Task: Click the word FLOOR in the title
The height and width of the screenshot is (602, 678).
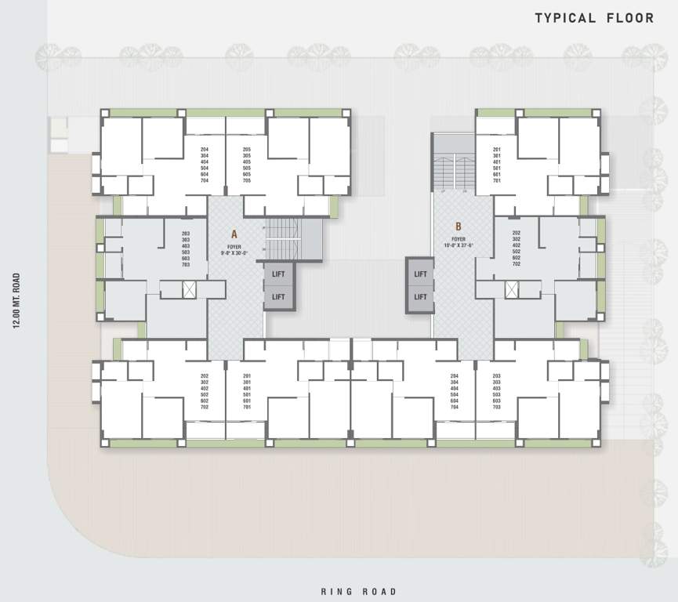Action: click(629, 18)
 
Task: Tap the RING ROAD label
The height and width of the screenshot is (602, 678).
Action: click(359, 592)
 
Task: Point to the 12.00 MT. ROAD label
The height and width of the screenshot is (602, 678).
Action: click(16, 301)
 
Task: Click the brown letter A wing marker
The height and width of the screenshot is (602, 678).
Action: click(234, 234)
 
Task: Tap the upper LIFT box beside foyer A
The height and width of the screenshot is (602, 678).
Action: click(278, 274)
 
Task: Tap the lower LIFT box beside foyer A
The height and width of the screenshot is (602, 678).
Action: click(278, 297)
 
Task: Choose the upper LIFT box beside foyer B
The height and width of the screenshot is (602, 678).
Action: click(420, 274)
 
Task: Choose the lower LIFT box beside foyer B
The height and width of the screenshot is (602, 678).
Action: click(420, 297)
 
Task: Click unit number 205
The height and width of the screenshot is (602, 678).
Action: click(247, 150)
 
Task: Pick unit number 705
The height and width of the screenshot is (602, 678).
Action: click(247, 180)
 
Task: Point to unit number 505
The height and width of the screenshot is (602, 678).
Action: click(247, 168)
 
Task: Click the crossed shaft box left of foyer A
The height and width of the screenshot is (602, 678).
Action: click(189, 289)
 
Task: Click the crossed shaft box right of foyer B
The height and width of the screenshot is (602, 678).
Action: click(512, 289)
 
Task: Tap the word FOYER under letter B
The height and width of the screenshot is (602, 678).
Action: click(459, 239)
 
